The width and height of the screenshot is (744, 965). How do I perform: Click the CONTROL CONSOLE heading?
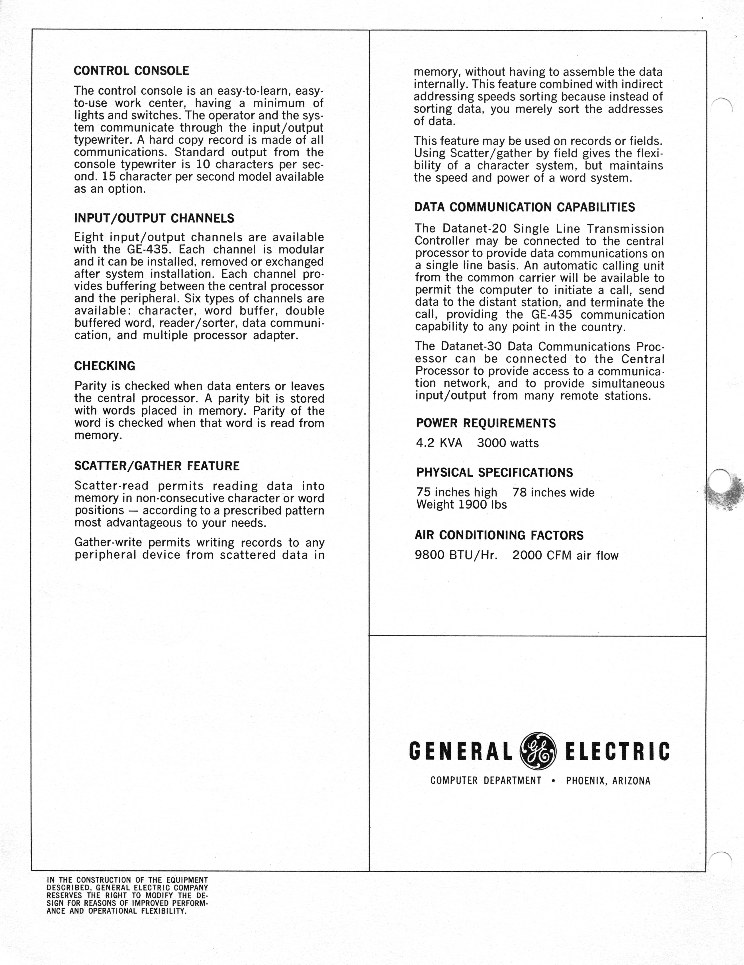(x=131, y=71)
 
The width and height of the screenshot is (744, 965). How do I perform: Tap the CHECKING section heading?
(x=105, y=366)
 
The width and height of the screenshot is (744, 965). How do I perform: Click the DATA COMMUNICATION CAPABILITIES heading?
(x=524, y=207)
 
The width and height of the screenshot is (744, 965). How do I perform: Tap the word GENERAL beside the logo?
(x=461, y=751)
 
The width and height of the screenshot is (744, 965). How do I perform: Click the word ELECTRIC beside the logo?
(x=617, y=751)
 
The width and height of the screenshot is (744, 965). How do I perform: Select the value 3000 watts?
(x=507, y=443)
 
